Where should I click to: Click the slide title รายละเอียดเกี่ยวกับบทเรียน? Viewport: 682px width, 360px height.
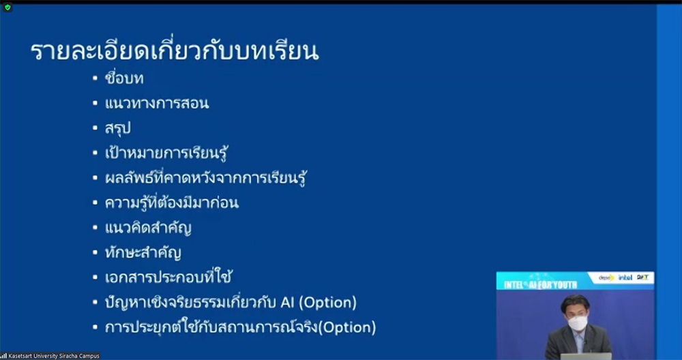(x=175, y=51)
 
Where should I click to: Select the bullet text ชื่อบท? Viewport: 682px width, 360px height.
(x=124, y=78)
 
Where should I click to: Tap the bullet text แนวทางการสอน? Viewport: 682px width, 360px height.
(x=157, y=104)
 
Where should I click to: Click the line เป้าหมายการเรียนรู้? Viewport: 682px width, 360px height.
(x=166, y=153)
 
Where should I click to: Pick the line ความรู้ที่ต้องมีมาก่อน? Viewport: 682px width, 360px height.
(x=172, y=202)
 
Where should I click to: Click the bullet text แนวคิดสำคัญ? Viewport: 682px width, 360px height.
(x=148, y=228)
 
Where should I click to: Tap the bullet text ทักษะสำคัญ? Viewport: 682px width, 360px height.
(x=143, y=252)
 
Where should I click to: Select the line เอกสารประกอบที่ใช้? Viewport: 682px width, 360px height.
(x=168, y=277)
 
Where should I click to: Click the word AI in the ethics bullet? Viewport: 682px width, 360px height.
(x=286, y=303)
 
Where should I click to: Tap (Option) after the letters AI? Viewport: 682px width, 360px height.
(x=328, y=303)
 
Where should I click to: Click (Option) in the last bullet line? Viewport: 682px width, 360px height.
(x=348, y=327)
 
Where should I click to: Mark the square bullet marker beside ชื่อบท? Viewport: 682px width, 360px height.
(x=95, y=78)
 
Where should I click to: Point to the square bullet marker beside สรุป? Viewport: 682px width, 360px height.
(x=95, y=129)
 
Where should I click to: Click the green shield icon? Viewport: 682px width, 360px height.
(x=8, y=7)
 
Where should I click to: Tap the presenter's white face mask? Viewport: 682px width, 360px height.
(x=578, y=323)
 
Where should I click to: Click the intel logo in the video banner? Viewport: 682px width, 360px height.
(x=625, y=277)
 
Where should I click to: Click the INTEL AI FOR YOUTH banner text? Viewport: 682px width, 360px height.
(x=541, y=285)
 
